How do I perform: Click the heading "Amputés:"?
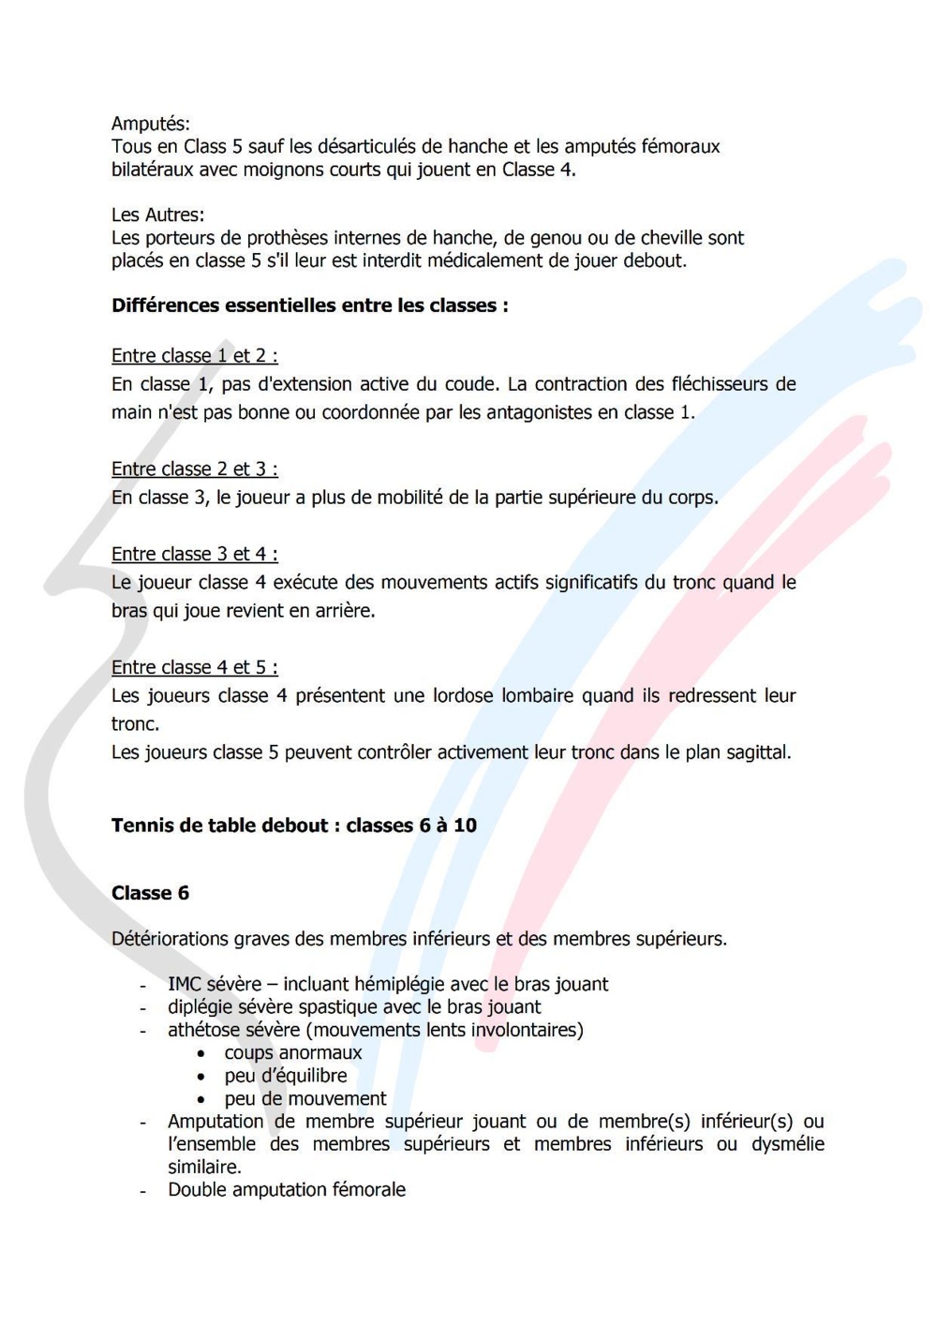150,124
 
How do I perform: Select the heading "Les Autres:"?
157,215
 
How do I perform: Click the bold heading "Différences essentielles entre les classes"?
309,305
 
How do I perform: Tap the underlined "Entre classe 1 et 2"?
194,356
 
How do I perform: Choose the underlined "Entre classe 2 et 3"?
194,469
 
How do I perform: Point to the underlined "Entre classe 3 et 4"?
194,555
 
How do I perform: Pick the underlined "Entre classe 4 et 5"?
194,668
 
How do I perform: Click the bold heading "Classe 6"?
150,893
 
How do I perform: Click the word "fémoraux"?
680,146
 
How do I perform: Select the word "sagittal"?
755,752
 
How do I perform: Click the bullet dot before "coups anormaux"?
201,1054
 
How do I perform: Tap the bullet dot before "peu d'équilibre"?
201,1077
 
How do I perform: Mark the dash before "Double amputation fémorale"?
142,1191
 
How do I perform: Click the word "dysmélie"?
787,1144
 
